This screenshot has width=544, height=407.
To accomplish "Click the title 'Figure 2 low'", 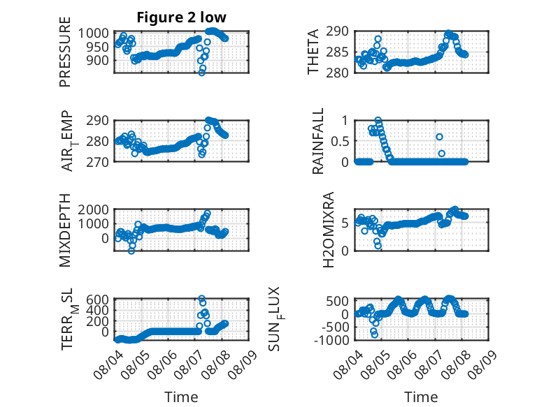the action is (x=181, y=17).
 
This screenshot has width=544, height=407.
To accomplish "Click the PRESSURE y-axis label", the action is (x=65, y=52).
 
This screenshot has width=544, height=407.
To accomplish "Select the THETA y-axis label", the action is (x=313, y=52).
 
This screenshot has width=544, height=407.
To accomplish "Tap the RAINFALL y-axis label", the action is (x=317, y=141).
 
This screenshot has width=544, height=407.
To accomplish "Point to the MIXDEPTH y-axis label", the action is (x=65, y=230).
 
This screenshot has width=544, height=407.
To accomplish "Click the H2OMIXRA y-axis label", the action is (x=328, y=230).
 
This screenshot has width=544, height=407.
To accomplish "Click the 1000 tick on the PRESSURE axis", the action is (x=93, y=34).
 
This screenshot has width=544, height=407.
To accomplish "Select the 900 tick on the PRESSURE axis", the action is (x=97, y=60).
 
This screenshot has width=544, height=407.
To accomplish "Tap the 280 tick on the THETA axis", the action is (x=337, y=73).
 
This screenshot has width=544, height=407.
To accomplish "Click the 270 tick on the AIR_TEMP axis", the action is (x=97, y=162).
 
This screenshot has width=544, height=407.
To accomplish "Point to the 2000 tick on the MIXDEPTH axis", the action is (x=93, y=209).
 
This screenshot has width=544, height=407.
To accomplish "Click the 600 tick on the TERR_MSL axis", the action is (x=97, y=299).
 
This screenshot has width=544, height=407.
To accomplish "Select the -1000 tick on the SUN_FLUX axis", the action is (x=331, y=340).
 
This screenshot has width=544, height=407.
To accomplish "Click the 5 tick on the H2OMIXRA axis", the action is (x=345, y=223).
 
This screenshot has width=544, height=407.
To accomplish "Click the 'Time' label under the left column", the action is (x=181, y=397).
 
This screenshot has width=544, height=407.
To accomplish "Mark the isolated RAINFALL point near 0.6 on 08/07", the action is (x=439, y=137).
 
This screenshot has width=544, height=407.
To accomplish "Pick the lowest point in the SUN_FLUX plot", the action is (x=374, y=334).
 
